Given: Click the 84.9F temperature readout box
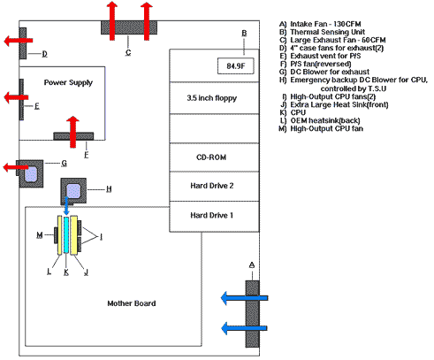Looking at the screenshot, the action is (235, 65).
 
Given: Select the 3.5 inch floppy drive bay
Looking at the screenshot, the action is (214, 98).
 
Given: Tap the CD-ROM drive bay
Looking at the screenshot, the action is (214, 157).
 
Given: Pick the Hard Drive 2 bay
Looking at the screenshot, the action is (214, 186).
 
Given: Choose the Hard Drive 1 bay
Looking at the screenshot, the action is (214, 217).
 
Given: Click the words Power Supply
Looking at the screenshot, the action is (68, 82).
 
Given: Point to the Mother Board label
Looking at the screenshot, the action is (132, 303).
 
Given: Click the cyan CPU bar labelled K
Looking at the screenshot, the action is (66, 235).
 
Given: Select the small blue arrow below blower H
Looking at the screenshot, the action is (66, 206).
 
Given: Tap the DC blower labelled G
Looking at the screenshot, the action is (31, 174).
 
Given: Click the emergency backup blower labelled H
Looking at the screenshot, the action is (73, 191).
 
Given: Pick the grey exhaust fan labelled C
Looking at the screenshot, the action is (129, 27).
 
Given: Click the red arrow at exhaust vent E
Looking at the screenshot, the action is (16, 97).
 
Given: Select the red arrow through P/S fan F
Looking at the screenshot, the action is (72, 132).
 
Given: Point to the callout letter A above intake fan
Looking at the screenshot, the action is (252, 265).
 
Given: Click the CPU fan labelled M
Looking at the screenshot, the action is (56, 235).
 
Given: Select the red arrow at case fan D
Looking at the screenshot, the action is (19, 41).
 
